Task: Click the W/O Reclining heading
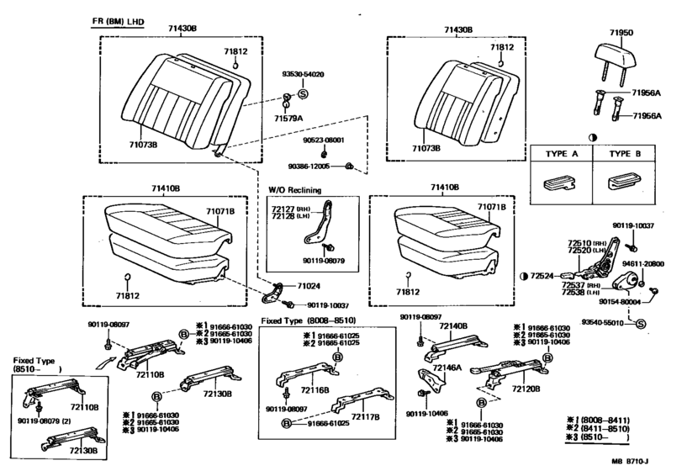[294, 190]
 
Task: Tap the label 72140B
[452, 325]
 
